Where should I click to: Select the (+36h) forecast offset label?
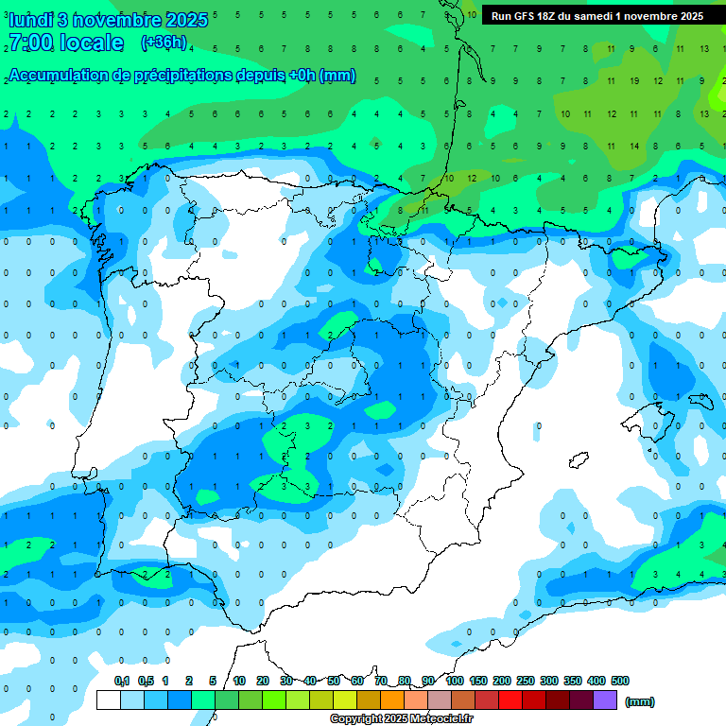[164, 43]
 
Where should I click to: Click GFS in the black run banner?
[524, 16]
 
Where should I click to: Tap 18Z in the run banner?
[548, 16]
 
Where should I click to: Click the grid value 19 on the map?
[633, 80]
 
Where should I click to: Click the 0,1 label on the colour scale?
[122, 681]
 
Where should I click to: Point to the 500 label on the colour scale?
[620, 681]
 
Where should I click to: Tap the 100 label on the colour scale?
[455, 681]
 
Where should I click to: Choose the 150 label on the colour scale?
[478, 681]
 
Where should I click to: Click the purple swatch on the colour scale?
[605, 700]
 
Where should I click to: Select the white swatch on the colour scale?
[109, 700]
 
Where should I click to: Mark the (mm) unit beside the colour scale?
[639, 701]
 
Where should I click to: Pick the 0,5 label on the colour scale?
[146, 681]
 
